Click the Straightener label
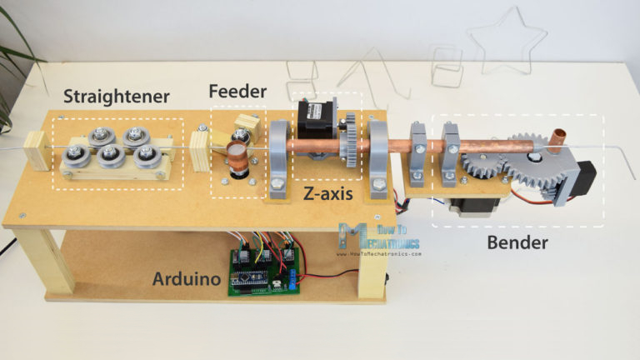(x=117, y=97)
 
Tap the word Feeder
(x=237, y=90)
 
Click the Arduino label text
(x=190, y=279)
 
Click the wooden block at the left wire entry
(x=37, y=150)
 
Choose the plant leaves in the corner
(x=17, y=50)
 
